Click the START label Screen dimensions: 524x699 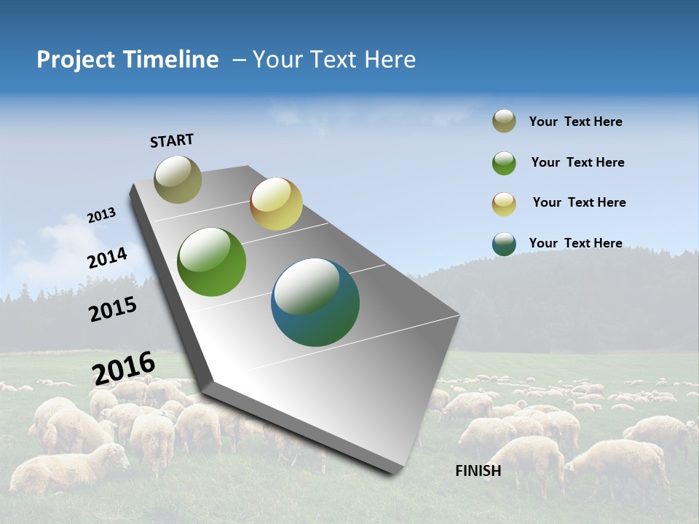point(172,140)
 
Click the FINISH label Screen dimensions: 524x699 point(478,471)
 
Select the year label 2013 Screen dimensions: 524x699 point(101,215)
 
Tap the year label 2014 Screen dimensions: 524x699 point(107,258)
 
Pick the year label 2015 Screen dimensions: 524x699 point(113,309)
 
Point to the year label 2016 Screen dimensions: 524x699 point(124,368)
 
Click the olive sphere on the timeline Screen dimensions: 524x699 point(178,179)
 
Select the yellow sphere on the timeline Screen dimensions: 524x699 point(276,204)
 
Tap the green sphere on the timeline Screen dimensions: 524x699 point(212,262)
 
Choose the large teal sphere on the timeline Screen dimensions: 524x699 point(315,302)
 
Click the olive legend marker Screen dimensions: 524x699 point(504,122)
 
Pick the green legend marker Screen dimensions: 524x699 point(504,163)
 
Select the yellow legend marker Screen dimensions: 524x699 point(504,204)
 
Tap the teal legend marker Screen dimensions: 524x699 point(504,244)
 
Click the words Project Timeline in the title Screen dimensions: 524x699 point(127,60)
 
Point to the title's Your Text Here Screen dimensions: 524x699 point(334,60)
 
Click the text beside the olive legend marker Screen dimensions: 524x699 point(575,122)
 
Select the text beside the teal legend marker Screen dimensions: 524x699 point(575,243)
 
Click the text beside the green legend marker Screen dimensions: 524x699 point(577,162)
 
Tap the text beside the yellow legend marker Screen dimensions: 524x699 point(579,202)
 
